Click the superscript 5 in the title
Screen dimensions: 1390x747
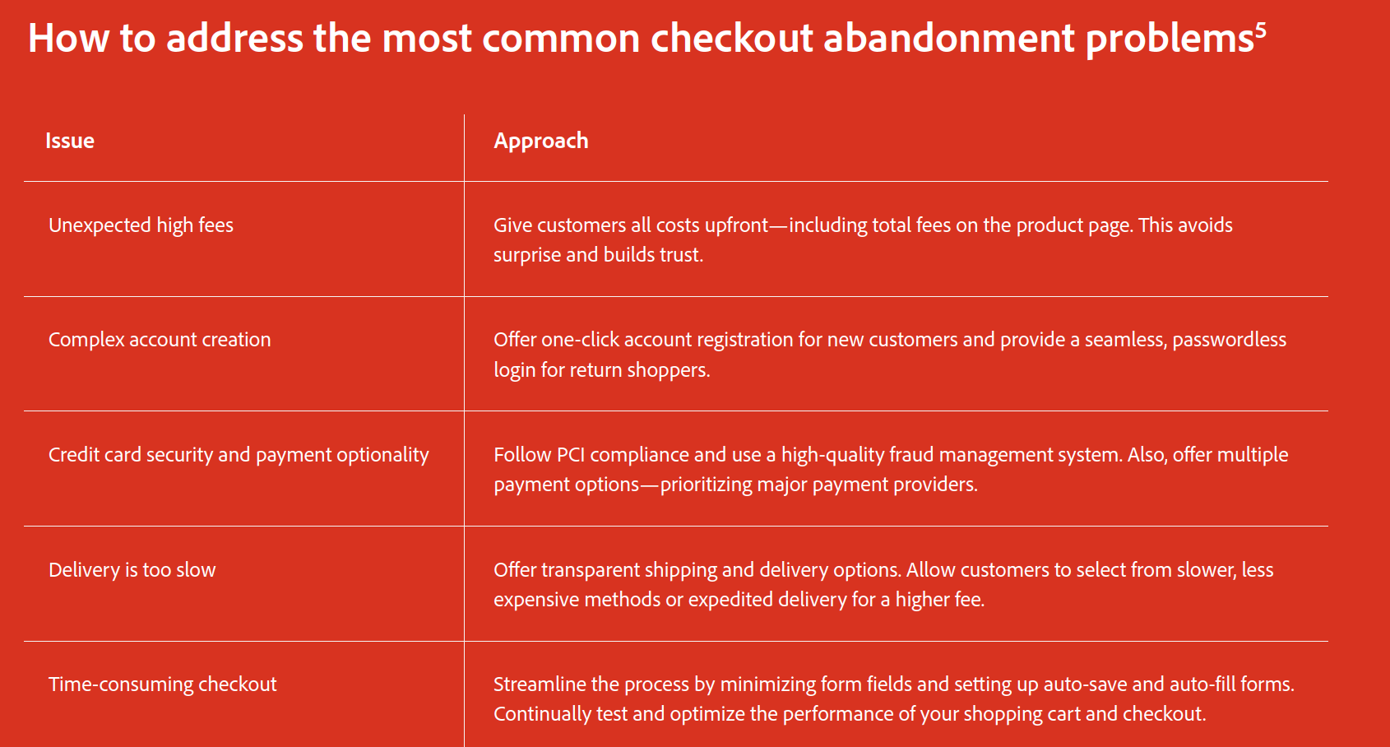[1260, 30]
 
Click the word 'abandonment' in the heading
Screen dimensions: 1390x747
[949, 38]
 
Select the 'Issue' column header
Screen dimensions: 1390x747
[70, 141]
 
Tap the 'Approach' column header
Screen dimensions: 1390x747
[540, 141]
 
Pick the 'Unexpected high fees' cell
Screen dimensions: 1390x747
[141, 225]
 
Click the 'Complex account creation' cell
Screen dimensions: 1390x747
[160, 340]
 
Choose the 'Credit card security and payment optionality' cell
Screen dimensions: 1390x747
[239, 455]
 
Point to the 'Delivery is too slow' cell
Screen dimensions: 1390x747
[132, 569]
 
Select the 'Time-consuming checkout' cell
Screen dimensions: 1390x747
[163, 684]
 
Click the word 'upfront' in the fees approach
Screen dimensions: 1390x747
[737, 225]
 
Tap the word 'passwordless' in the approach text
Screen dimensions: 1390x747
[1230, 340]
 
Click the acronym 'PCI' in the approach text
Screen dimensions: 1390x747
[570, 455]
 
